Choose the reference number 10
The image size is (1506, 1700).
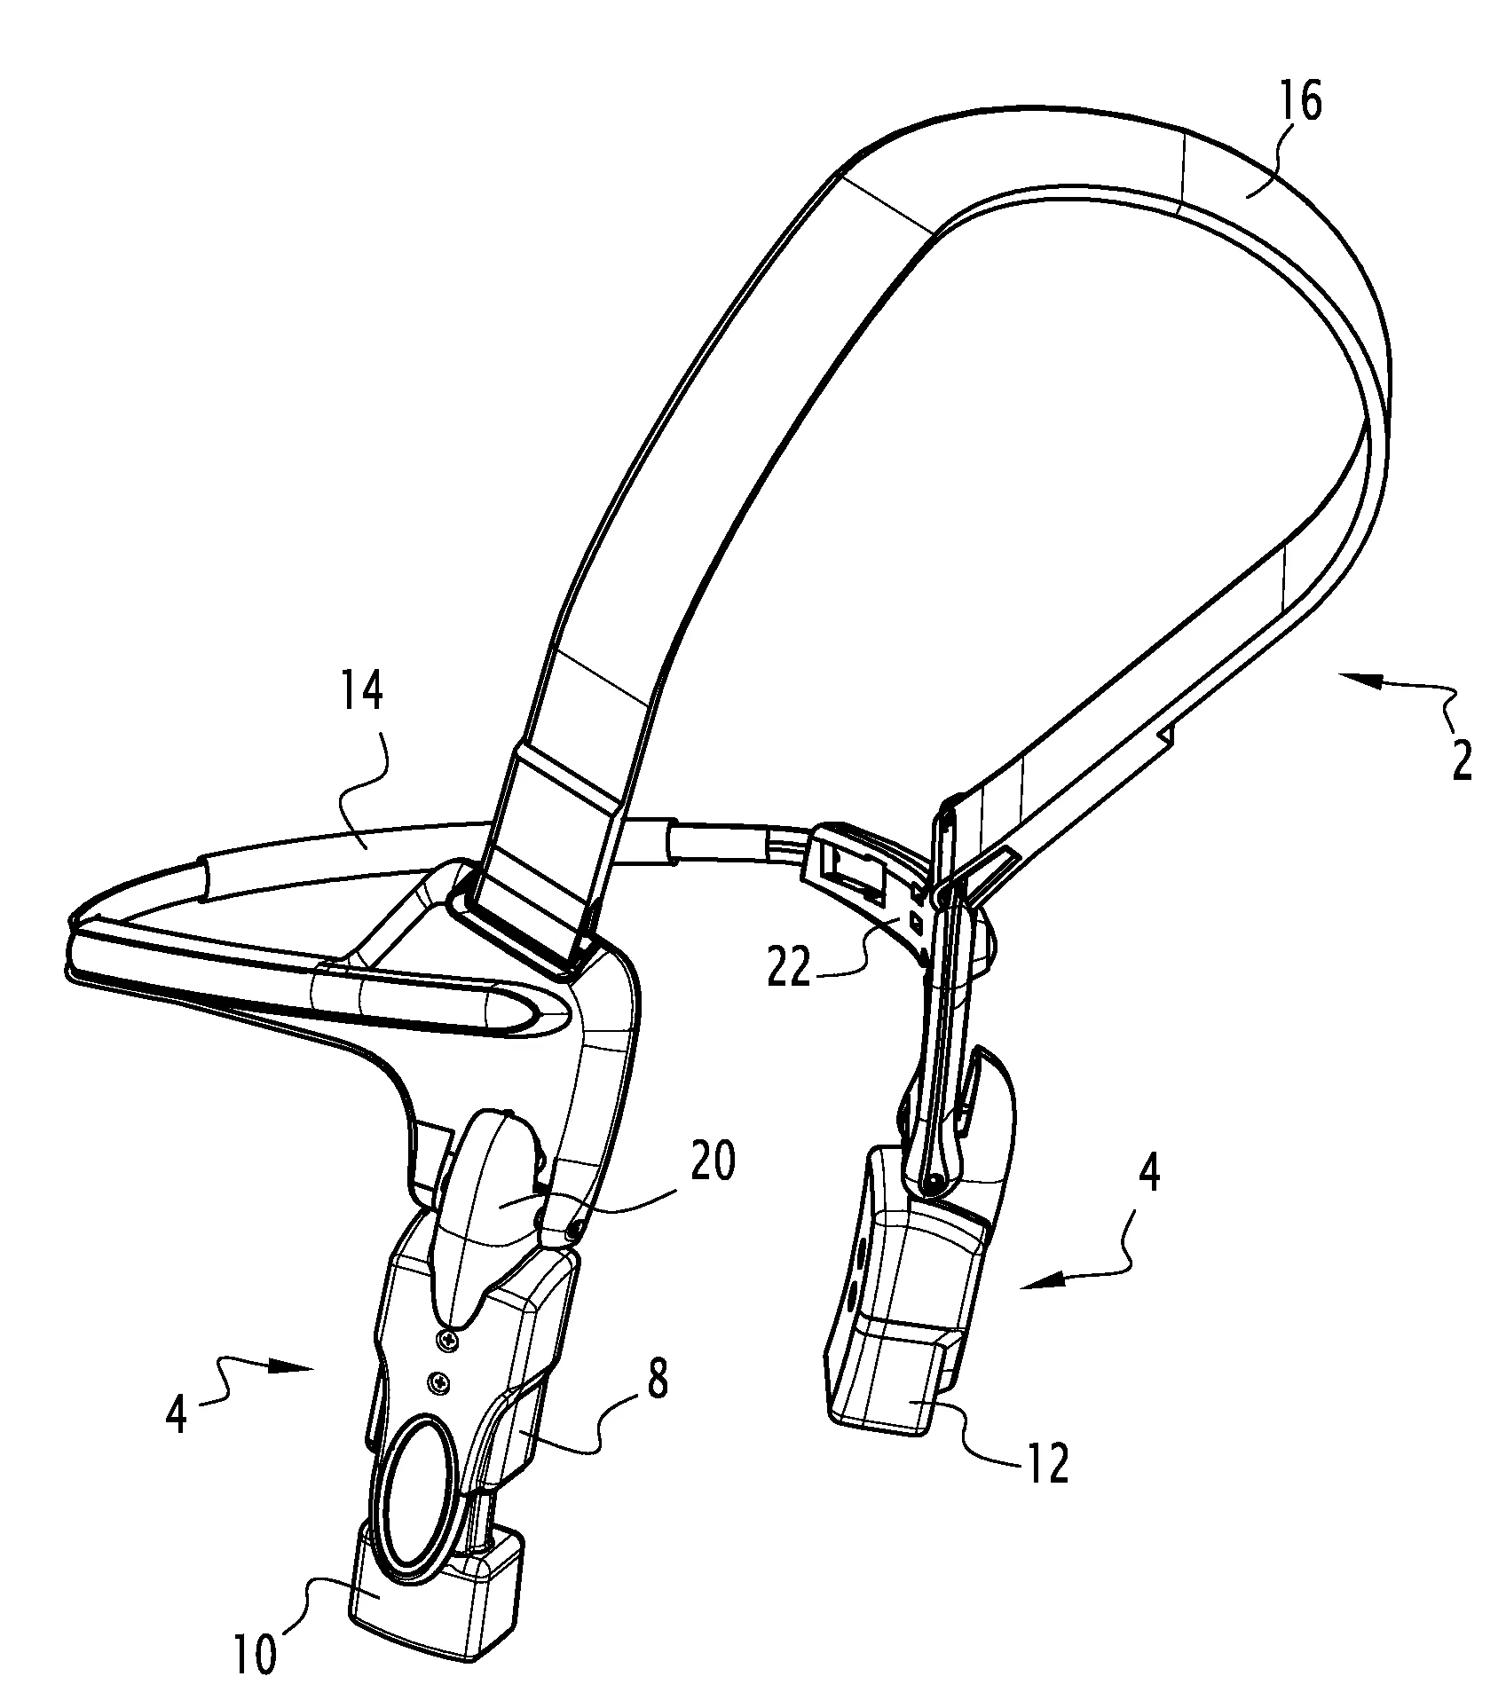tap(256, 1654)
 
